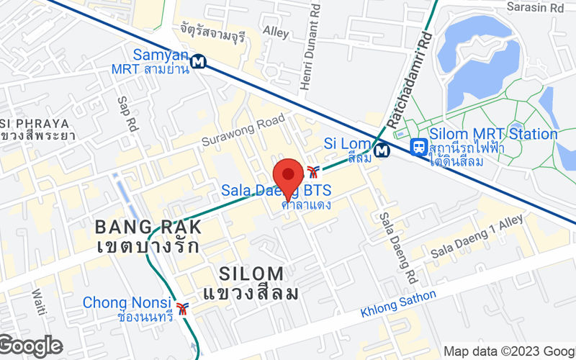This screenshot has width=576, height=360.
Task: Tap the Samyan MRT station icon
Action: click(x=199, y=61)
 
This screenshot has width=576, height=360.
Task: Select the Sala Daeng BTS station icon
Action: click(x=312, y=171)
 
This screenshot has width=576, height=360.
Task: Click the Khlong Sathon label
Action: click(x=397, y=305)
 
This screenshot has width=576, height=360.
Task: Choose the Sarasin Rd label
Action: click(x=535, y=8)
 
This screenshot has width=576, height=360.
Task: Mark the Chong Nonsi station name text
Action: click(x=127, y=302)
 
